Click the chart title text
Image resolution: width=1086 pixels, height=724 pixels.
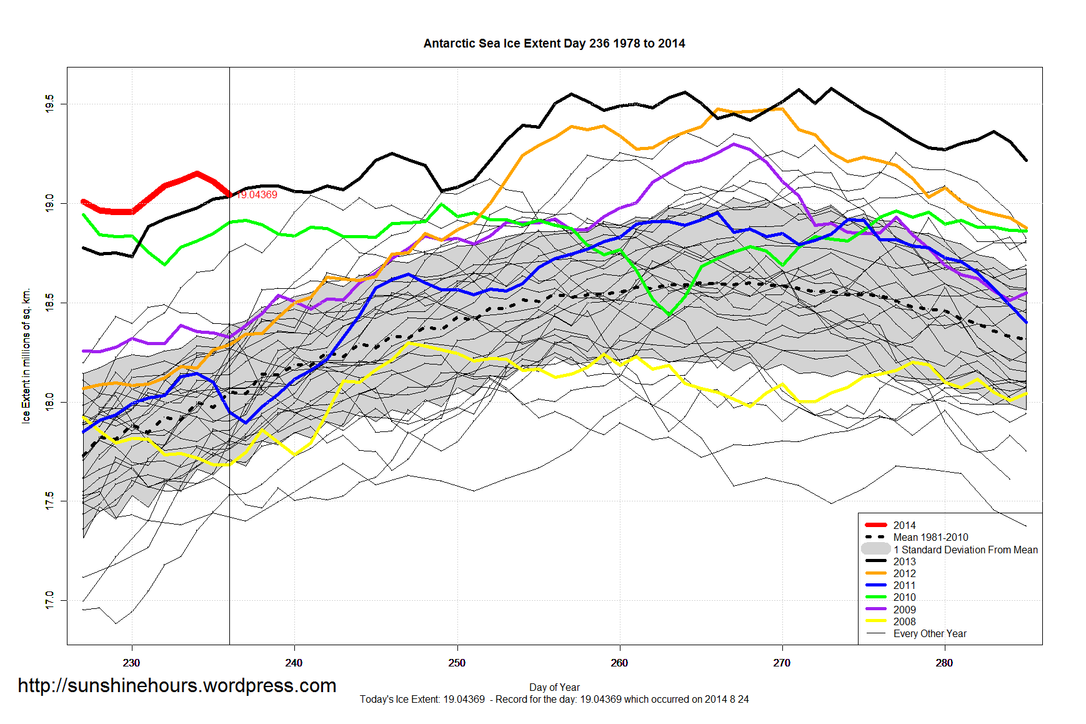tap(554, 44)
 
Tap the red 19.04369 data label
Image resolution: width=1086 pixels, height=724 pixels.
tap(257, 195)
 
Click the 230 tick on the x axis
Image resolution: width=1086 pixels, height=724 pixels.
tap(131, 663)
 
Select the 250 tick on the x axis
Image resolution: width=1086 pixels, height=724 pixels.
tap(457, 663)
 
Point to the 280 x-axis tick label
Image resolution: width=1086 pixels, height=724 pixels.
tap(944, 663)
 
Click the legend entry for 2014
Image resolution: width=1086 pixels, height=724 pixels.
tap(904, 525)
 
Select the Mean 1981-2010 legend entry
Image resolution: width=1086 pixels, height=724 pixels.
tap(930, 538)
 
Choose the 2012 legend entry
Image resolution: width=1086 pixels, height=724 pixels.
tap(904, 573)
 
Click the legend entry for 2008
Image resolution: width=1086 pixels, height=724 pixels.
tap(904, 621)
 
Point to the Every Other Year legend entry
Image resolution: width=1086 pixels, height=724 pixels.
tap(929, 633)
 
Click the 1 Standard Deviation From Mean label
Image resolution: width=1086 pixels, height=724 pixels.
tap(965, 550)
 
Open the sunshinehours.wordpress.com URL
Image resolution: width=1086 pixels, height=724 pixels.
tap(177, 686)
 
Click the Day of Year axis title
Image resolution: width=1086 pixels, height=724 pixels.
tap(554, 687)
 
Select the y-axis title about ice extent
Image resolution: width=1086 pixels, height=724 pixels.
tap(26, 356)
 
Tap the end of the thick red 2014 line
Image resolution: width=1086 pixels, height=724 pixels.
tap(229, 194)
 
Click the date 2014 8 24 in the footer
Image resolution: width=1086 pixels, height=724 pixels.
tap(726, 700)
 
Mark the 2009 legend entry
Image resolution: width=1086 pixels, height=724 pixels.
tap(904, 610)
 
